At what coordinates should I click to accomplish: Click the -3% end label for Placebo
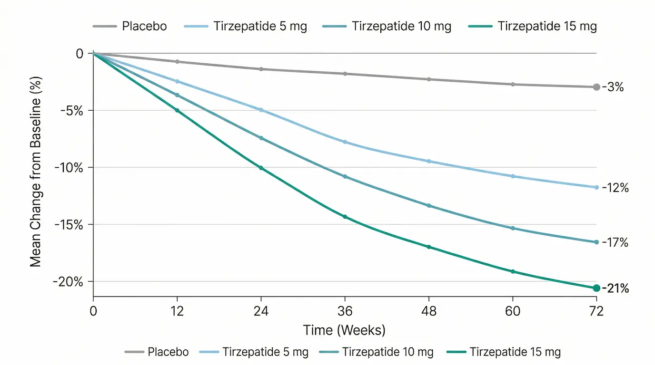613,87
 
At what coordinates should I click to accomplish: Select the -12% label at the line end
615,188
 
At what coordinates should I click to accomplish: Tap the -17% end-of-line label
615,243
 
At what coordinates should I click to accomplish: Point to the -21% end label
615,288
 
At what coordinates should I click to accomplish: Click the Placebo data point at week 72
596,87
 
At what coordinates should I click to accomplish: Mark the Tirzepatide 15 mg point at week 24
261,168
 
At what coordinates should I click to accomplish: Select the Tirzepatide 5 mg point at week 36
345,142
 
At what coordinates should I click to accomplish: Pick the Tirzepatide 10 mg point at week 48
429,206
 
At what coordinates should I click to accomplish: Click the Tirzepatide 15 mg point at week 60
513,271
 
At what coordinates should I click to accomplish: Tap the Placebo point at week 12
177,62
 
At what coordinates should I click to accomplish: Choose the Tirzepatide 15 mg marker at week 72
596,288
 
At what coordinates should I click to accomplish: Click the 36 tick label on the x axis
345,311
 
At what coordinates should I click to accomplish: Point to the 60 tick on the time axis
513,311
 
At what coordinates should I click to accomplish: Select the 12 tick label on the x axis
177,311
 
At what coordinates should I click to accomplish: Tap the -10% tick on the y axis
69,168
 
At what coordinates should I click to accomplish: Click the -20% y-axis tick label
69,282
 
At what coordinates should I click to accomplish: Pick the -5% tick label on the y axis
73,111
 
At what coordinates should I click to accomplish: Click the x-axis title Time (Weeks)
344,330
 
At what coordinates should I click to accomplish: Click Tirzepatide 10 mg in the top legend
401,26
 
